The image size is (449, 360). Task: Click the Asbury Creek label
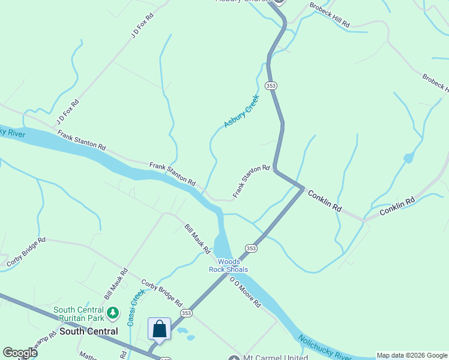pyautogui.click(x=241, y=110)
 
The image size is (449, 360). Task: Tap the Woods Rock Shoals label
pyautogui.click(x=228, y=266)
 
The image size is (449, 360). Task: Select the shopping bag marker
pyautogui.click(x=160, y=329)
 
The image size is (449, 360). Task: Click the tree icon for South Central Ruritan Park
pyautogui.click(x=112, y=313)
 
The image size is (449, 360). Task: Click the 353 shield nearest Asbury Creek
pyautogui.click(x=271, y=86)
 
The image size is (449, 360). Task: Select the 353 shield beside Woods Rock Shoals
pyautogui.click(x=251, y=248)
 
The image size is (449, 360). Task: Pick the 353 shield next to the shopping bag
pyautogui.click(x=187, y=313)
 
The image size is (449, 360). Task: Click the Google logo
pyautogui.click(x=19, y=353)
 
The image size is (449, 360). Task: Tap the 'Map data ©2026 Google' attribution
pyautogui.click(x=412, y=355)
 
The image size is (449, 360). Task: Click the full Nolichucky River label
pyautogui.click(x=324, y=348)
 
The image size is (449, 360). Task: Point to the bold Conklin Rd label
pyautogui.click(x=325, y=201)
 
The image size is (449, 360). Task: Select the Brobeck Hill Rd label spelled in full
pyautogui.click(x=329, y=15)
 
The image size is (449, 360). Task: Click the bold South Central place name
pyautogui.click(x=89, y=331)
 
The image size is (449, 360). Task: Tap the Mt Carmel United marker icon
pyautogui.click(x=234, y=358)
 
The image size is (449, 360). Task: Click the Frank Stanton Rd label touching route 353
pyautogui.click(x=252, y=181)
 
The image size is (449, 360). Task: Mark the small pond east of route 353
pyautogui.click(x=408, y=158)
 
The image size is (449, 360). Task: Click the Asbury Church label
pyautogui.click(x=244, y=1)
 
